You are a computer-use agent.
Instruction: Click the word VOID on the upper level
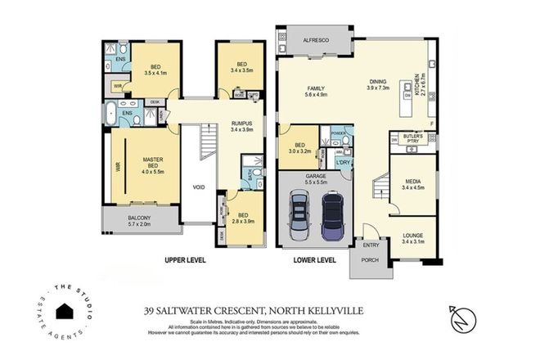(x=198, y=187)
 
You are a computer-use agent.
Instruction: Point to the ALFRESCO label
(x=316, y=38)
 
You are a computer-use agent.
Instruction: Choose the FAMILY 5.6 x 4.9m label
(x=315, y=91)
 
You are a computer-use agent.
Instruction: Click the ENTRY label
(x=371, y=245)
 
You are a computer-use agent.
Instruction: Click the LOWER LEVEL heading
(x=315, y=260)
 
